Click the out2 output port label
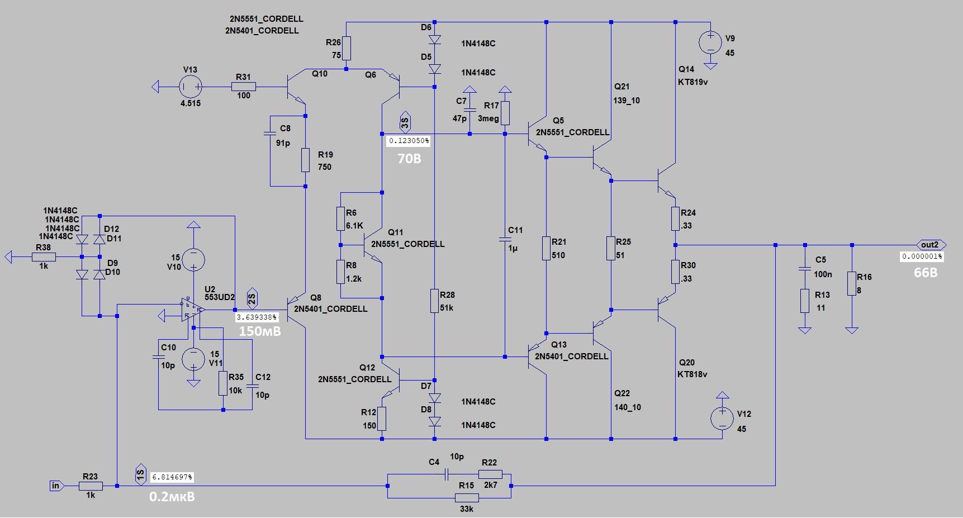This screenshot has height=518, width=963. click(x=931, y=245)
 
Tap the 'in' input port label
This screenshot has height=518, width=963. click(x=56, y=486)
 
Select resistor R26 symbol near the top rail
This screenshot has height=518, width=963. click(x=347, y=48)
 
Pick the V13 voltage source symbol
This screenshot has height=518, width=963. click(x=190, y=87)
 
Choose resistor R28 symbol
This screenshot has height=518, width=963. click(x=434, y=301)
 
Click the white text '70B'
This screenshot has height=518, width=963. click(x=409, y=159)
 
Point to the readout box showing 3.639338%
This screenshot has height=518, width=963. click(x=257, y=317)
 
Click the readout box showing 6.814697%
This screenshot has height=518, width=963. click(x=173, y=477)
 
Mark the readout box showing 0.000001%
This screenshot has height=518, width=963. click(x=922, y=256)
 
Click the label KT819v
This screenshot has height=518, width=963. click(x=693, y=82)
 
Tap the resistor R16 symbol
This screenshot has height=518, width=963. click(x=852, y=283)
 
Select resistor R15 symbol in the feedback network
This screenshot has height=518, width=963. click(x=467, y=497)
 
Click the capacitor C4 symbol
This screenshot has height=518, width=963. click(x=447, y=474)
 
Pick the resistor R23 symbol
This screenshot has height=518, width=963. click(x=91, y=486)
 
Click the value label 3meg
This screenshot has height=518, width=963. click(x=488, y=118)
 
